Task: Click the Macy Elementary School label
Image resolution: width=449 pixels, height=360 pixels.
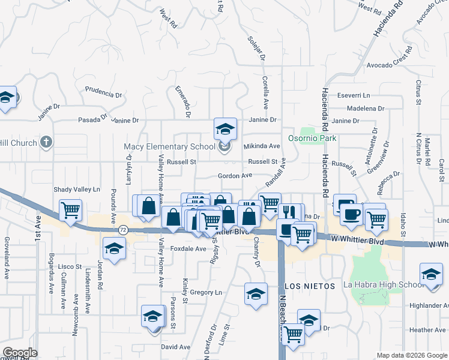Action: click(169, 146)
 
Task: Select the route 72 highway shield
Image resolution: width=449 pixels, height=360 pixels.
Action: click(123, 230)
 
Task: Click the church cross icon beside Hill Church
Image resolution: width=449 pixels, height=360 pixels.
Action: click(46, 143)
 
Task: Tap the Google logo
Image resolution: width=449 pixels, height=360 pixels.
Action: click(20, 353)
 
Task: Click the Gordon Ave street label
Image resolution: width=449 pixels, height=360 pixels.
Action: click(235, 175)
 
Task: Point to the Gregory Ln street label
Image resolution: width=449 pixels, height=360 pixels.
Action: click(206, 293)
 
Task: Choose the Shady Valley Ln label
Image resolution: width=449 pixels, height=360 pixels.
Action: click(76, 189)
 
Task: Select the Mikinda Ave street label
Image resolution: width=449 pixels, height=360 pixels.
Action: click(262, 146)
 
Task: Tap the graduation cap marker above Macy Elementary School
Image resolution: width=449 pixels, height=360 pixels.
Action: click(225, 128)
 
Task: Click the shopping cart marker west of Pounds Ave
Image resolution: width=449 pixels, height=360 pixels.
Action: click(70, 211)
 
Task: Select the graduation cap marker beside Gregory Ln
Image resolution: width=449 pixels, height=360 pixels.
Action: click(256, 295)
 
